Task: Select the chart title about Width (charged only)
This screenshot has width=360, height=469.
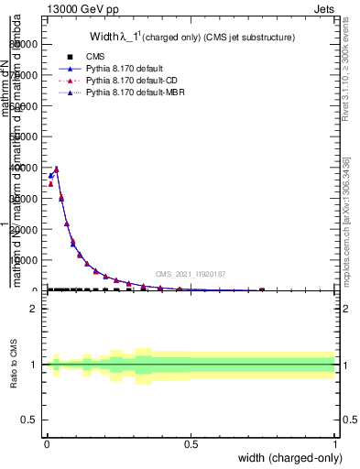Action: click(191, 38)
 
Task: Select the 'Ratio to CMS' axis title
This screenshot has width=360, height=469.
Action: click(14, 365)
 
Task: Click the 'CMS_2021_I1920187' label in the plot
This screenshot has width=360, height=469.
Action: click(191, 274)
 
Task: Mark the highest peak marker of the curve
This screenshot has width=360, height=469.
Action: click(56, 169)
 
